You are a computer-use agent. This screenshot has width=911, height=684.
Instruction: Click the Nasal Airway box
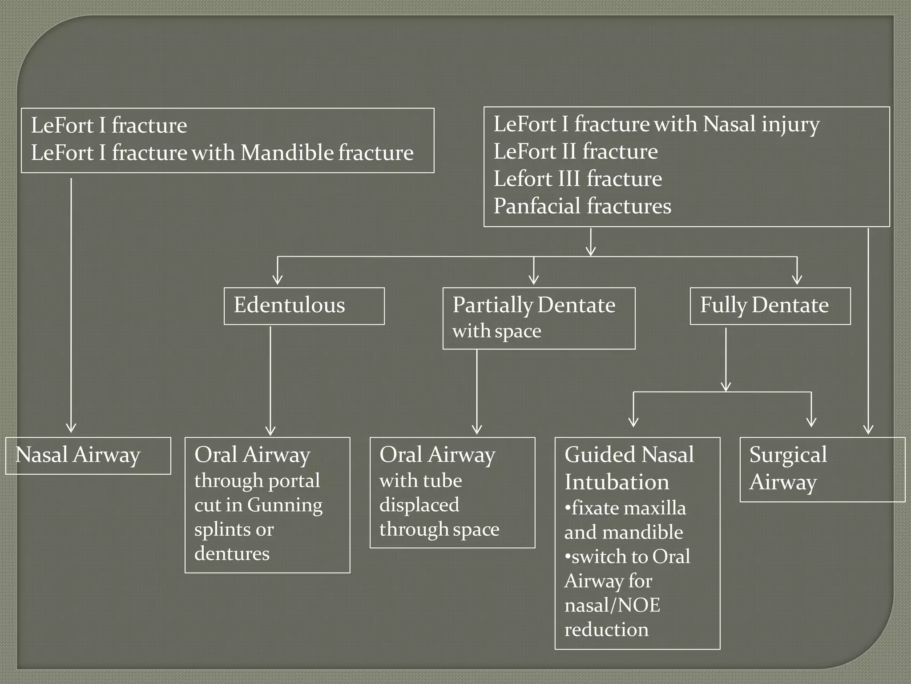(88, 455)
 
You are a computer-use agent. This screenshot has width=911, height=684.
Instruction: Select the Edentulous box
(304, 306)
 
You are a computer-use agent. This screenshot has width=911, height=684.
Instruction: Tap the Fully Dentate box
(770, 306)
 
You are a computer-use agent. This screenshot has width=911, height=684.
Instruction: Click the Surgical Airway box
(822, 469)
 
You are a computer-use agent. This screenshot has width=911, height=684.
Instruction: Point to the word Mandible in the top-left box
(287, 153)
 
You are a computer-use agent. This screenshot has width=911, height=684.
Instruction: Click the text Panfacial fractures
(582, 206)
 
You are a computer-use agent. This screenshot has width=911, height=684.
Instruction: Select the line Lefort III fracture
(577, 179)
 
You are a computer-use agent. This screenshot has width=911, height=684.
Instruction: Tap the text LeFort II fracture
(575, 151)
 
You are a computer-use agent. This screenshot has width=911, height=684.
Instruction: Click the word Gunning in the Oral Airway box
(285, 505)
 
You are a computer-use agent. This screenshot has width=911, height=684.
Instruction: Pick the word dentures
(232, 554)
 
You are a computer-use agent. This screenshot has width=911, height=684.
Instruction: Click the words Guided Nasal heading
(629, 455)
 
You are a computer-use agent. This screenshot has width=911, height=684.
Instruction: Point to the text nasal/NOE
(612, 605)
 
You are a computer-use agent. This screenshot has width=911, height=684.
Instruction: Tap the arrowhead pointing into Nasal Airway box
(71, 428)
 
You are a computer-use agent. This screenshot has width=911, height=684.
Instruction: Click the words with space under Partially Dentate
(496, 331)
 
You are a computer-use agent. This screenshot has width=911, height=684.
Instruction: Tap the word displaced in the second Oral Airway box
(419, 505)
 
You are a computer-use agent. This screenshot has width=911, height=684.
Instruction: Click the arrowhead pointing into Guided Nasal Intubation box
(633, 422)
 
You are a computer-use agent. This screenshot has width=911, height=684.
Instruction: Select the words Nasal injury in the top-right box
(761, 124)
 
